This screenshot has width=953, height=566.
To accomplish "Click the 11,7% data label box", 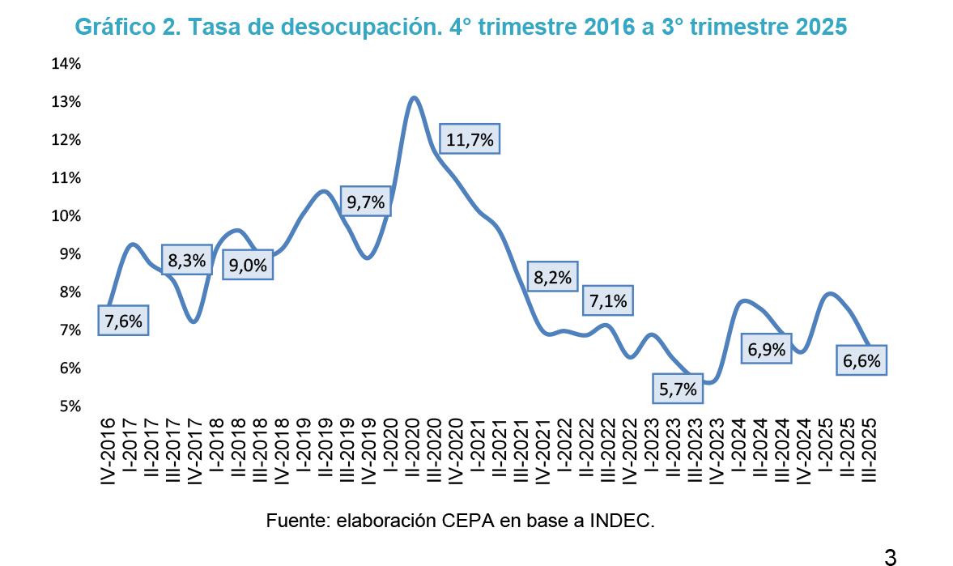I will point(470,139).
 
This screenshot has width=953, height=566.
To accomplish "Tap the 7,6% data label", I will point(123,321).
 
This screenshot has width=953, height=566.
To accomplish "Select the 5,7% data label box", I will point(678,389).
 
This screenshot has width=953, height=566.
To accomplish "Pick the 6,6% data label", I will point(862,360).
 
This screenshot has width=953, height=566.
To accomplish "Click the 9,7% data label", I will point(365,202).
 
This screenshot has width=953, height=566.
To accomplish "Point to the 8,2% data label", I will point(552,278).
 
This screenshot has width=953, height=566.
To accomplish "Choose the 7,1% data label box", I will point(608,300).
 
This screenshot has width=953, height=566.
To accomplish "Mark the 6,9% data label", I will point(766,349).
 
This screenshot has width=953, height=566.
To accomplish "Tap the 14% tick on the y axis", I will point(66,64).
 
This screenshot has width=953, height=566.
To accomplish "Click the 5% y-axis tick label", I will point(69,406).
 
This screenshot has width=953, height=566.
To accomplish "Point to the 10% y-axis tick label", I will point(66,216).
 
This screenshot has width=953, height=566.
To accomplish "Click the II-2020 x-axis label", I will point(411,450).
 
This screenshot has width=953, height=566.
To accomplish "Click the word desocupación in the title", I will point(359,28).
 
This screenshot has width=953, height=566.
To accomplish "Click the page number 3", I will point(890,557).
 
